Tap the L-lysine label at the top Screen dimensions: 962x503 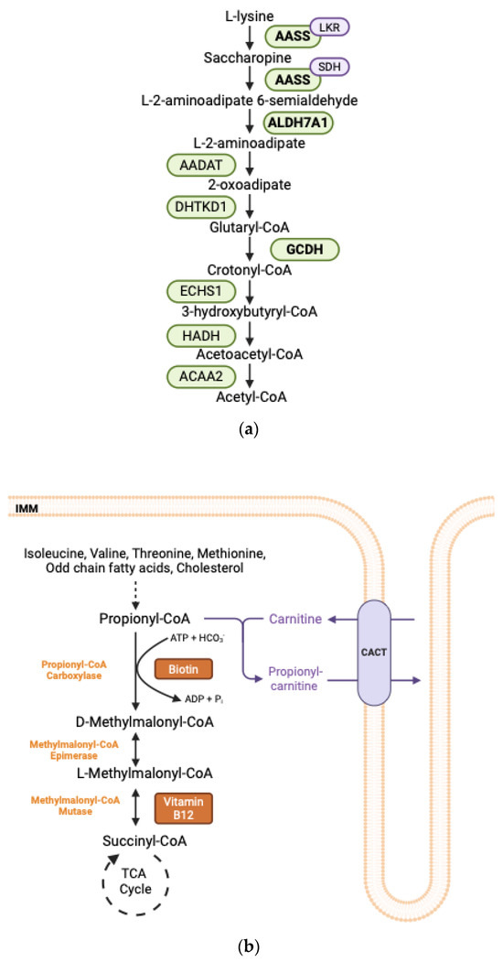coord(250,15)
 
